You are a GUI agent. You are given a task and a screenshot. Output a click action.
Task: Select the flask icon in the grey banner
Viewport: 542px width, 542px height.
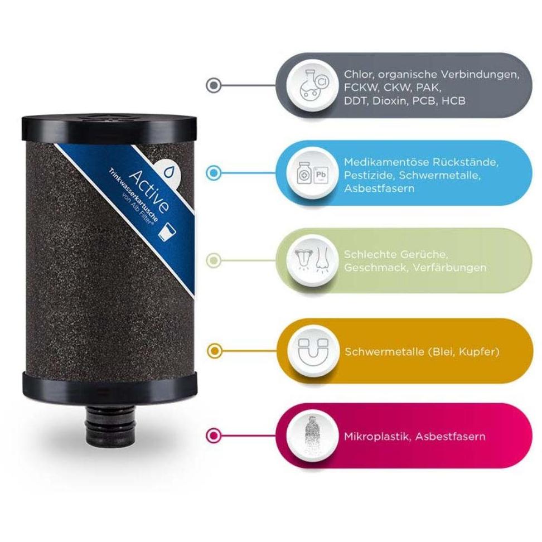pos(313,85)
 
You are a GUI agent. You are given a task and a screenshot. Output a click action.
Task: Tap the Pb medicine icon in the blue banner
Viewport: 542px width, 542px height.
pos(312,173)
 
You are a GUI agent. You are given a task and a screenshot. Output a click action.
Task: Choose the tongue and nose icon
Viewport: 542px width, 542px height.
pos(313,260)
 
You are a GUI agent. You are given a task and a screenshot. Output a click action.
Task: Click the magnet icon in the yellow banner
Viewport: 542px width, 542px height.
pos(313,351)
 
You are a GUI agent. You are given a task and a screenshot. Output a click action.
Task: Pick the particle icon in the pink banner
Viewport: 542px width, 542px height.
pos(312,436)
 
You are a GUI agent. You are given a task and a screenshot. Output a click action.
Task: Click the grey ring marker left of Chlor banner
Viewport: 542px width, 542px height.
pos(214,85)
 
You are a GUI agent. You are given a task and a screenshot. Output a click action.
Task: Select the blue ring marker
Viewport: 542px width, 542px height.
pos(214,172)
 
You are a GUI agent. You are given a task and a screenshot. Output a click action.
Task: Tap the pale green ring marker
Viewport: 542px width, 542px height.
pos(214,260)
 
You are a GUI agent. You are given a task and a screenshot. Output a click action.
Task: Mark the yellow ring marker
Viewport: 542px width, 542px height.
pos(214,351)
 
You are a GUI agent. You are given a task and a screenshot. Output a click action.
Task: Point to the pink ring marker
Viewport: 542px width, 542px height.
pos(214,435)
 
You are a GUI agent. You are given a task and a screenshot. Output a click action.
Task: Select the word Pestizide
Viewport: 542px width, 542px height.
pos(369,175)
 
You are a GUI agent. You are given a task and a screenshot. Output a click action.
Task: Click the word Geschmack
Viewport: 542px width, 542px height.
pos(375,268)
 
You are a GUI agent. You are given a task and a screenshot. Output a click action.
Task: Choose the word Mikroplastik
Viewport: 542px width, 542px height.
pos(378,437)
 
